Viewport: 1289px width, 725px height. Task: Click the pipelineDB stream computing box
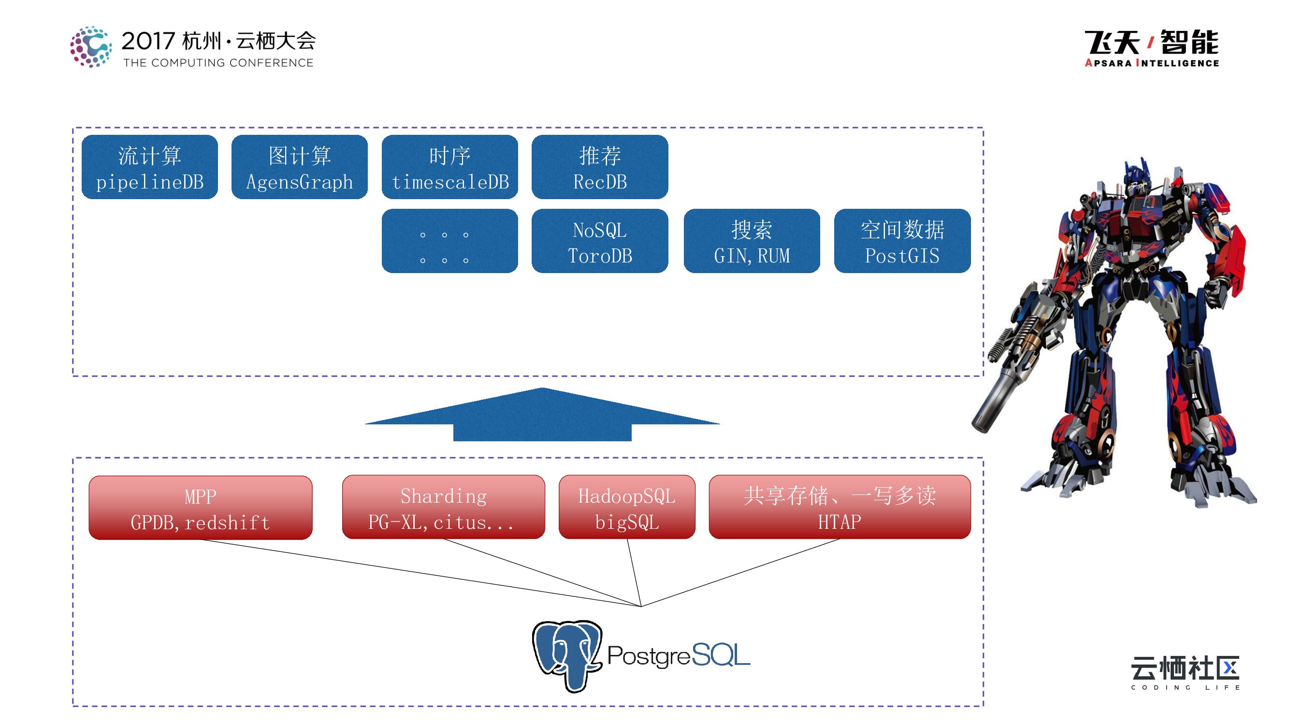click(x=150, y=167)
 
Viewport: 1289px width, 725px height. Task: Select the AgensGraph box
click(x=299, y=167)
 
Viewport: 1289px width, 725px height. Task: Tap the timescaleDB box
click(x=449, y=167)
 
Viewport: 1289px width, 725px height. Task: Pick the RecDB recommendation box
click(x=599, y=167)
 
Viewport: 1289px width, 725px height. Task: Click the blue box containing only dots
click(x=449, y=241)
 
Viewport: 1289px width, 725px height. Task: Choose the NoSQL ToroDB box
click(x=599, y=241)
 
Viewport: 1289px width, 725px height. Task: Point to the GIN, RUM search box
click(x=752, y=241)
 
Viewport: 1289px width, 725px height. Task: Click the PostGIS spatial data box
click(x=902, y=241)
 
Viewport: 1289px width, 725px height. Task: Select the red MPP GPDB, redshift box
click(x=200, y=508)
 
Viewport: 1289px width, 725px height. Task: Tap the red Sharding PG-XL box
click(x=443, y=507)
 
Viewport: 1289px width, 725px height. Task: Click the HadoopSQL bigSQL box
click(x=626, y=507)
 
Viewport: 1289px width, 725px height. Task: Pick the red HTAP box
click(x=840, y=507)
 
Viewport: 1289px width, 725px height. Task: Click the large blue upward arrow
click(x=542, y=415)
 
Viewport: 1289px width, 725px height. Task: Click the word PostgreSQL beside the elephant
click(x=678, y=655)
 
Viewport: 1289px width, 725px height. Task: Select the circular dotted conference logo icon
click(x=90, y=47)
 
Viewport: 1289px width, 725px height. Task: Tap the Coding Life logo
click(x=1185, y=672)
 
